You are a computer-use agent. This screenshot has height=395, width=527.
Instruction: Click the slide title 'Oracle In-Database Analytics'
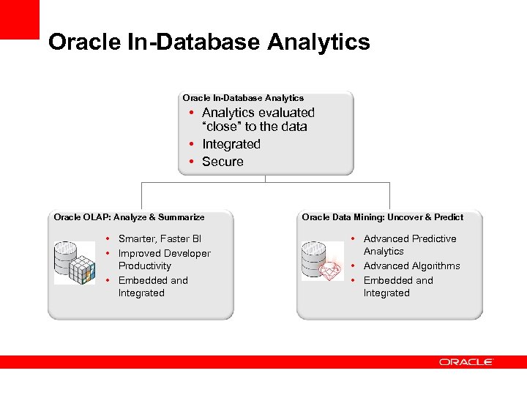[x=209, y=42]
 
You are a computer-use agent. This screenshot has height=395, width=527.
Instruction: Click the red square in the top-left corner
[x=19, y=19]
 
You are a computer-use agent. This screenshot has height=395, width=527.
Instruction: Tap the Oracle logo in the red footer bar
[x=466, y=362]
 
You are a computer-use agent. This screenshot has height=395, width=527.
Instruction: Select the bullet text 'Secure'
[x=223, y=162]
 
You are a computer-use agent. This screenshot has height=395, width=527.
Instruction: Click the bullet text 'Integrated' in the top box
[x=231, y=144]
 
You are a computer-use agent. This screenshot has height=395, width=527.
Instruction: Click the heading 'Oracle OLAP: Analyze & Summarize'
[x=129, y=217]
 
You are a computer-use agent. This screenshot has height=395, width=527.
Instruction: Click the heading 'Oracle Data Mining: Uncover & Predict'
[x=382, y=217]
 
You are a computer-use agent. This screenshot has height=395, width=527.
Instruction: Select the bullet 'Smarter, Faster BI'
[x=160, y=239]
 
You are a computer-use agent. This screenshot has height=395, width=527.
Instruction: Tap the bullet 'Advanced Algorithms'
[x=411, y=266]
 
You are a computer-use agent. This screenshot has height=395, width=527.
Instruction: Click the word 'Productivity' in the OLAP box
[x=144, y=266]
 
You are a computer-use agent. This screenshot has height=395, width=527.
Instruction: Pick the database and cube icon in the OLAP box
[x=75, y=262]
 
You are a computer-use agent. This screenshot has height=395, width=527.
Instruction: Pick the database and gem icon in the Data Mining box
[x=323, y=261]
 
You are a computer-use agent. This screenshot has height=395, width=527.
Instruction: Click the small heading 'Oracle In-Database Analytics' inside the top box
[x=243, y=98]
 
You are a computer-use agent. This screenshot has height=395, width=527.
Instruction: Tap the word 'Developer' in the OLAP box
[x=186, y=254]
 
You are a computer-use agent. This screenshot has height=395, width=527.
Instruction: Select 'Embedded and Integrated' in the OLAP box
[x=152, y=287]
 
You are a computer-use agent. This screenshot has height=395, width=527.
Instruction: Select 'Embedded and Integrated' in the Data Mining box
[x=397, y=287]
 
